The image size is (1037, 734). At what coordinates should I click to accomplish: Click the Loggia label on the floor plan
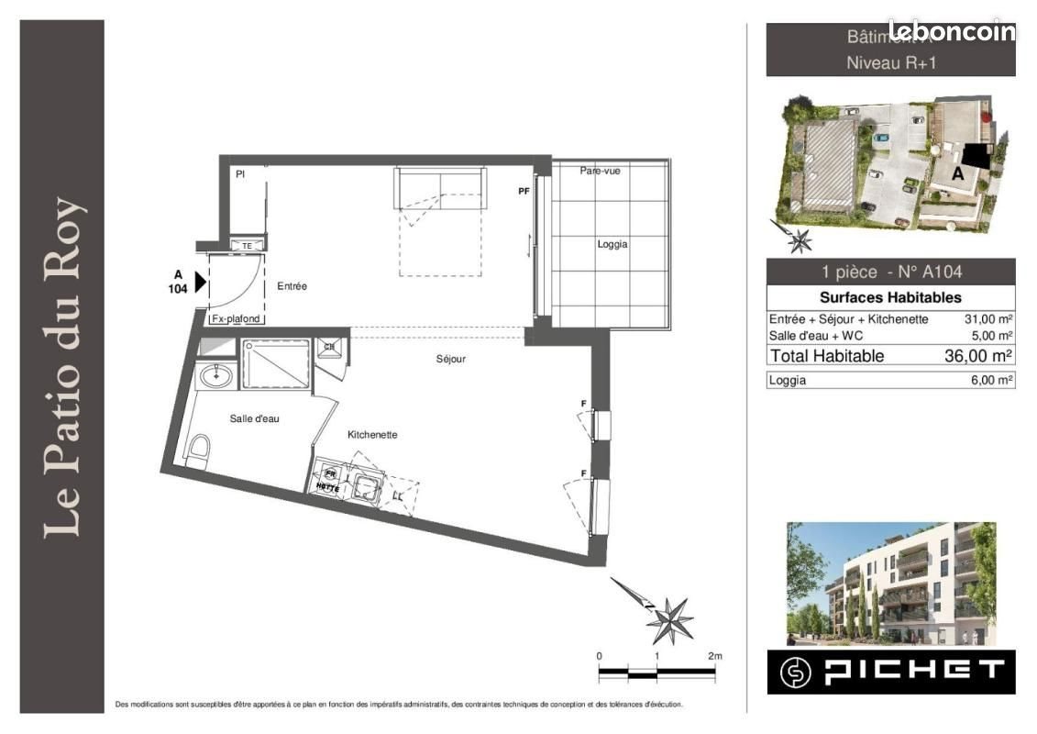click(x=612, y=244)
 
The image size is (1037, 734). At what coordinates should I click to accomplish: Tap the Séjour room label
click(x=450, y=359)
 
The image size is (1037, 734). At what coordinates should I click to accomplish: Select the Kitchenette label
click(x=371, y=435)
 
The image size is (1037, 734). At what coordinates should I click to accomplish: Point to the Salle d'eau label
click(x=254, y=418)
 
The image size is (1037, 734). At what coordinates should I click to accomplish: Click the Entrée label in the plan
click(x=292, y=286)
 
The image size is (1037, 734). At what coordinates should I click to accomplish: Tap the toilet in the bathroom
click(x=198, y=451)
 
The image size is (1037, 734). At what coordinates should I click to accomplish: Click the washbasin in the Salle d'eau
click(x=216, y=374)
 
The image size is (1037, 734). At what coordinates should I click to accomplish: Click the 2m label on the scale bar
click(x=714, y=656)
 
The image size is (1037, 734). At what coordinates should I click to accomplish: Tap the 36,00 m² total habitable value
click(x=977, y=356)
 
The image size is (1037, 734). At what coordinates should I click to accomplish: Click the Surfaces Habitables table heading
click(x=889, y=297)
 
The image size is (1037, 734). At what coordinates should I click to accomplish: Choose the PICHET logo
click(x=890, y=672)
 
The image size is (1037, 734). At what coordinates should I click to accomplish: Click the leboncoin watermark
click(x=951, y=31)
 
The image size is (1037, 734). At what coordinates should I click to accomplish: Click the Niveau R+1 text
click(x=890, y=63)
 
